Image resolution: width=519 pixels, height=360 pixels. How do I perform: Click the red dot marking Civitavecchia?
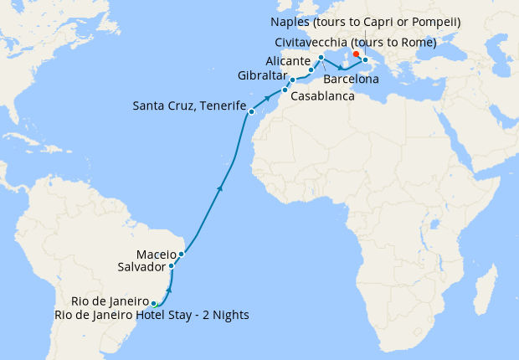coord(357,54)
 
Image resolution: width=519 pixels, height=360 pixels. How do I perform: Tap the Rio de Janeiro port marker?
coord(154,304)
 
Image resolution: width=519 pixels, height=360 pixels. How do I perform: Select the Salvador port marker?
coord(172,266)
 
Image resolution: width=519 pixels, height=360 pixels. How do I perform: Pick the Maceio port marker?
coord(181,253)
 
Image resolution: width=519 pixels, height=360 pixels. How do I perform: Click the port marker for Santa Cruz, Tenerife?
coord(250,111)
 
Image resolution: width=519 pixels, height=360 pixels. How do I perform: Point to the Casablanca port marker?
coord(285,90)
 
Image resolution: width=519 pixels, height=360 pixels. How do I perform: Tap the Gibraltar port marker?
coord(292,80)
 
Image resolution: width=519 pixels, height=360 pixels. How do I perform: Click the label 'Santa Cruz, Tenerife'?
coord(189,106)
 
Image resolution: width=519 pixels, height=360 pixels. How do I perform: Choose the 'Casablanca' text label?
coord(322,96)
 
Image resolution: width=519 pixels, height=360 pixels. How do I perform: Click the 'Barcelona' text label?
coord(351,79)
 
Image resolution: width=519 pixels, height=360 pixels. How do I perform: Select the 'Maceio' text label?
coord(155,254)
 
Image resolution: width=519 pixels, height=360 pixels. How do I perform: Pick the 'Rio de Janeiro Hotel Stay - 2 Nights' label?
coord(152,315)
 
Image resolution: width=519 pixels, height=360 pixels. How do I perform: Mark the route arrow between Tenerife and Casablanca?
coord(268,99)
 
